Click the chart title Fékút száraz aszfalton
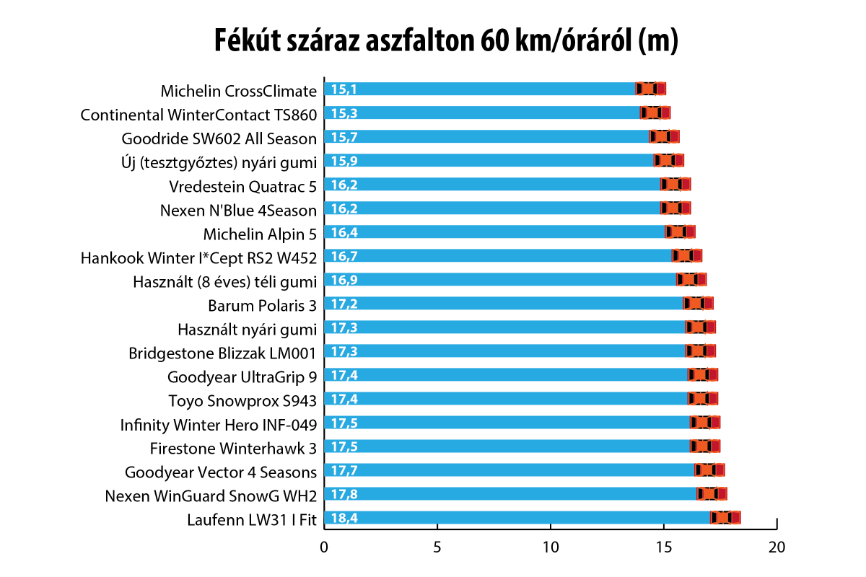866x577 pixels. click(x=446, y=41)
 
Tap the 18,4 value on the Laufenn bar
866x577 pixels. click(x=344, y=518)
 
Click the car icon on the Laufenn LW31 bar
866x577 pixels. click(x=725, y=518)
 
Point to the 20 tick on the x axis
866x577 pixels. click(x=777, y=547)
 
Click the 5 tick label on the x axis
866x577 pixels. click(x=437, y=547)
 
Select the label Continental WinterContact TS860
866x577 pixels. click(x=198, y=115)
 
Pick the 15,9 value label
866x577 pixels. click(x=344, y=160)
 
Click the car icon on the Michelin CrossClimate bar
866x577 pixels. click(x=650, y=89)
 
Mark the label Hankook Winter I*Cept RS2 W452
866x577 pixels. click(x=198, y=257)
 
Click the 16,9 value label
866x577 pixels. click(x=344, y=279)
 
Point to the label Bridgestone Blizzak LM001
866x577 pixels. click(x=222, y=353)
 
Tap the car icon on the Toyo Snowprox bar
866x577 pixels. click(x=703, y=398)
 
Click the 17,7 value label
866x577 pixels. click(x=344, y=470)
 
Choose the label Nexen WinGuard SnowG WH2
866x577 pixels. click(x=211, y=495)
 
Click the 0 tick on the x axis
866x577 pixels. click(x=324, y=547)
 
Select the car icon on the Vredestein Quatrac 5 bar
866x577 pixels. click(x=675, y=184)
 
